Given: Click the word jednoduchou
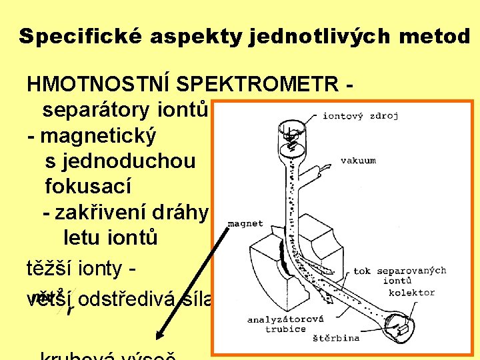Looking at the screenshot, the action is [x=120, y=161].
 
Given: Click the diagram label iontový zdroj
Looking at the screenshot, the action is [x=360, y=116].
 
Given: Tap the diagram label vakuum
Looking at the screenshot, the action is [x=358, y=161].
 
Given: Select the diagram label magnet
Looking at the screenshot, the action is [x=246, y=224].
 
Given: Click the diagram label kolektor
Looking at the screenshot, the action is [x=411, y=293].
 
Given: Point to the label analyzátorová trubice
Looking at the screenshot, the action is [x=276, y=324].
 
